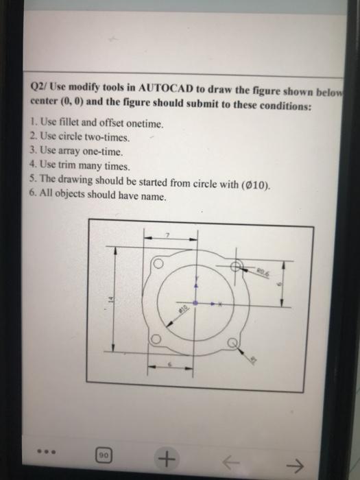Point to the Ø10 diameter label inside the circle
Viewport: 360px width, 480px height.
pyautogui.click(x=184, y=311)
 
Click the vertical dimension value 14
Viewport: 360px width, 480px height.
pyautogui.click(x=107, y=300)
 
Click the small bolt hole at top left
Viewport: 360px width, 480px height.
pyautogui.click(x=158, y=264)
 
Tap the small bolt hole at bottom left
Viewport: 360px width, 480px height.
pyautogui.click(x=157, y=339)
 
